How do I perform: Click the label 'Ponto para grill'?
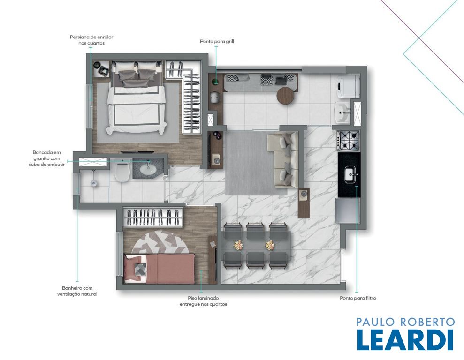coord(217,41)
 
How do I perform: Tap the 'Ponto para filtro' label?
coord(358,298)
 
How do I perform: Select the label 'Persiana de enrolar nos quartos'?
coord(91,40)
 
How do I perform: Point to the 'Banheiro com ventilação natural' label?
coord(77,291)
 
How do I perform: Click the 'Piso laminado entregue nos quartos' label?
coord(203,301)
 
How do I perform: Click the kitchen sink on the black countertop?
coord(351,175)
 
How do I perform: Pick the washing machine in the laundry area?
coord(349,86)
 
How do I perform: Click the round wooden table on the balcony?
coord(286,95)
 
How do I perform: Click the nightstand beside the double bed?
coord(101,69)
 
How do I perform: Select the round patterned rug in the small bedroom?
coord(160,242)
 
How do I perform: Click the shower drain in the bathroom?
coord(93,183)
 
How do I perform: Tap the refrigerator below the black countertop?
coord(348,211)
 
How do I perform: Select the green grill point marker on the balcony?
coord(216,81)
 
